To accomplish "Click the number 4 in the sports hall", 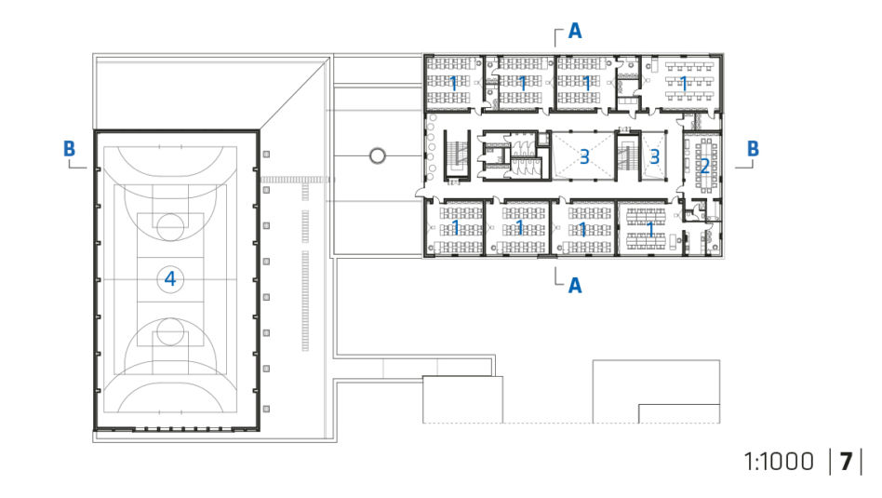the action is point(170,278).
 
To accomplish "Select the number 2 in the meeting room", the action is point(704,166).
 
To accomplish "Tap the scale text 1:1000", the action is point(779,462).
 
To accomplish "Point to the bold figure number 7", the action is point(846,462).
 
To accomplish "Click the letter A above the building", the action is point(575,31).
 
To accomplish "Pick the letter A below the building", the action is point(575,285).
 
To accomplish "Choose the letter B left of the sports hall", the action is point(69,149).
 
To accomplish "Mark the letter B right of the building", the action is point(753,149).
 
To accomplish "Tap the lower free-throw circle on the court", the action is point(170,318).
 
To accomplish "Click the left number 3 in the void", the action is point(584,156).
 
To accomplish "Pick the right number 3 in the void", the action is point(654,156).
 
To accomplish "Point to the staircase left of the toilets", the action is point(456,155).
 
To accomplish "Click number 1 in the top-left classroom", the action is point(453,83).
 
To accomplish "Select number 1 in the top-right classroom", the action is point(684,83).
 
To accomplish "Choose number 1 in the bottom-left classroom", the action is point(456,228).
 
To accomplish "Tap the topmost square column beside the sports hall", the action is point(266,155).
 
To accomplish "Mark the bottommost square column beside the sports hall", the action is point(266,409).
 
